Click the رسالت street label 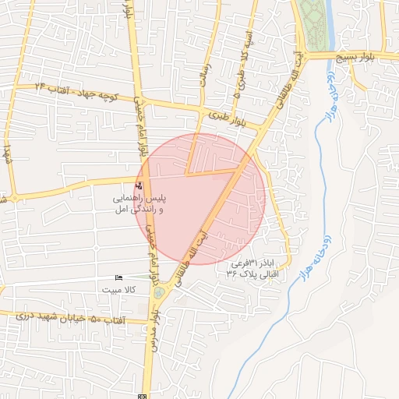pos(206,75)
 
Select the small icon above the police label pos(139,185)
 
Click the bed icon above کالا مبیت pos(118,278)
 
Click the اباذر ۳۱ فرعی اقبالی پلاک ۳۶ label pos(253,268)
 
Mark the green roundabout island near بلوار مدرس pos(159,292)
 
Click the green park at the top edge pos(312,23)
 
